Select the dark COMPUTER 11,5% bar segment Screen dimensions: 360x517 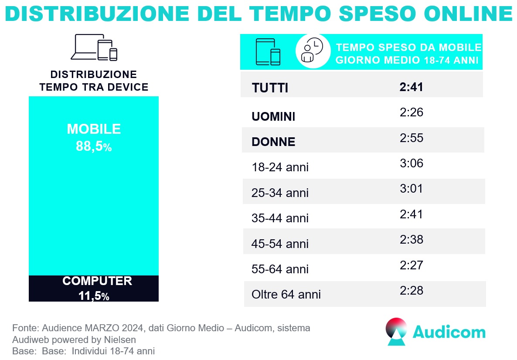point(94,288)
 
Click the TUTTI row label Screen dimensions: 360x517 point(270,88)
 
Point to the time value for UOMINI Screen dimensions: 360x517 point(412,113)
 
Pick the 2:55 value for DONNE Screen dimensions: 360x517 point(412,138)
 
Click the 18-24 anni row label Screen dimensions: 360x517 point(280,167)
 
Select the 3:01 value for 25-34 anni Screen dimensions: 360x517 point(412,189)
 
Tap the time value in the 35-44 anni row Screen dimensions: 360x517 point(412,214)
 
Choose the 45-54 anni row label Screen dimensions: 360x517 point(280,244)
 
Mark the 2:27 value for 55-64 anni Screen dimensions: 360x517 point(412,265)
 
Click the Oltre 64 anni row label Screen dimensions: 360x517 point(286,295)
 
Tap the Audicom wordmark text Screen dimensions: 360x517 point(449,332)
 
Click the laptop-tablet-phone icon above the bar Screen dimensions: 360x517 point(94,48)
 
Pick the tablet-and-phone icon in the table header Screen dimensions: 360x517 point(268,52)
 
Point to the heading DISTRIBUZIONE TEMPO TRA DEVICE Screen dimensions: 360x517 point(94,81)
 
